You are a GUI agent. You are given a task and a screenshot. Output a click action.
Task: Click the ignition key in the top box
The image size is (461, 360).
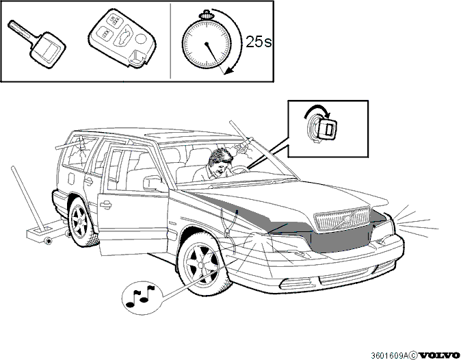point(38,44)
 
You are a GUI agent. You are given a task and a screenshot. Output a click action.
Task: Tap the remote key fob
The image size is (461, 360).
point(122,38)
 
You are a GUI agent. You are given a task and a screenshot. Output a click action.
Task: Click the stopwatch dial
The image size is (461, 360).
point(207,44)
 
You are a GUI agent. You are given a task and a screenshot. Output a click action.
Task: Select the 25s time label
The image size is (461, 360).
point(259,42)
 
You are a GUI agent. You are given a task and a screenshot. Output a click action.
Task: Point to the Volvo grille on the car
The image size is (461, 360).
point(342,218)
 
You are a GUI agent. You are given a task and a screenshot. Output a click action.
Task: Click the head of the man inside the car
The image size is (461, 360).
point(219,160)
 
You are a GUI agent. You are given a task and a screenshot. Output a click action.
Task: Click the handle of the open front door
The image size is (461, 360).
point(105,204)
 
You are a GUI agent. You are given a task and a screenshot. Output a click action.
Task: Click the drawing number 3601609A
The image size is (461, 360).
point(389,355)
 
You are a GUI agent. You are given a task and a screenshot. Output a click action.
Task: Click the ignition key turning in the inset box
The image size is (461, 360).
point(326,129)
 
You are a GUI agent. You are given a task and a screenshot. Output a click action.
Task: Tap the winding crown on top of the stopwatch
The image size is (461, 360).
point(207,14)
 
